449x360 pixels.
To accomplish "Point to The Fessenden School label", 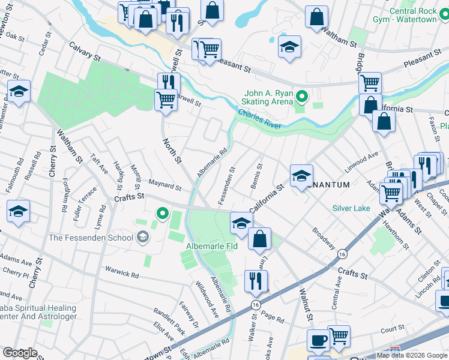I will point(91,238).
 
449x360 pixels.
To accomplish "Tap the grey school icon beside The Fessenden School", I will point(142,238).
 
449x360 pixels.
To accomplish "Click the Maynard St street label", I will point(164,187).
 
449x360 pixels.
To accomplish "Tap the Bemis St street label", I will point(259,175).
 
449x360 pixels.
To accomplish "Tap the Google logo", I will point(19,353).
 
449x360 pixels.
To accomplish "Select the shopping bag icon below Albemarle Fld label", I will point(259,239).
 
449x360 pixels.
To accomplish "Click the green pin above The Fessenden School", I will point(161,213).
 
